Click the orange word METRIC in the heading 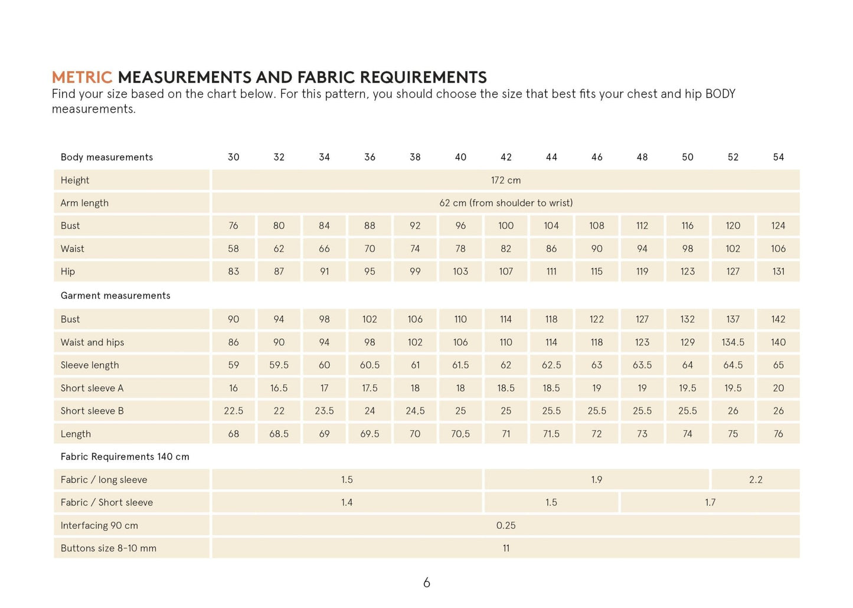pyautogui.click(x=81, y=77)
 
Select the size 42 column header pyautogui.click(x=506, y=157)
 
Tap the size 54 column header pyautogui.click(x=778, y=157)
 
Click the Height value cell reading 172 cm pyautogui.click(x=506, y=180)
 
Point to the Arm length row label pyautogui.click(x=84, y=203)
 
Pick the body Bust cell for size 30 pyautogui.click(x=233, y=225)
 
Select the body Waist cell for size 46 pyautogui.click(x=597, y=249)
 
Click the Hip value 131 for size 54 pyautogui.click(x=778, y=272)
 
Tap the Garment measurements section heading pyautogui.click(x=115, y=296)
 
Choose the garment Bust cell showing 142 pyautogui.click(x=778, y=319)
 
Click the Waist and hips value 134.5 pyautogui.click(x=733, y=342)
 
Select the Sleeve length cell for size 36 pyautogui.click(x=370, y=365)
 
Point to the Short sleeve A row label pyautogui.click(x=92, y=388)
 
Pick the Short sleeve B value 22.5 pyautogui.click(x=233, y=411)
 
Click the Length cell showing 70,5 pyautogui.click(x=460, y=434)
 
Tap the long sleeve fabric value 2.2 pyautogui.click(x=756, y=480)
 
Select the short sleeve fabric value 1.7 pyautogui.click(x=710, y=502)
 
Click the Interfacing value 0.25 pyautogui.click(x=506, y=525)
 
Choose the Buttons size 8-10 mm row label pyautogui.click(x=109, y=548)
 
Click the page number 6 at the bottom pyautogui.click(x=427, y=583)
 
